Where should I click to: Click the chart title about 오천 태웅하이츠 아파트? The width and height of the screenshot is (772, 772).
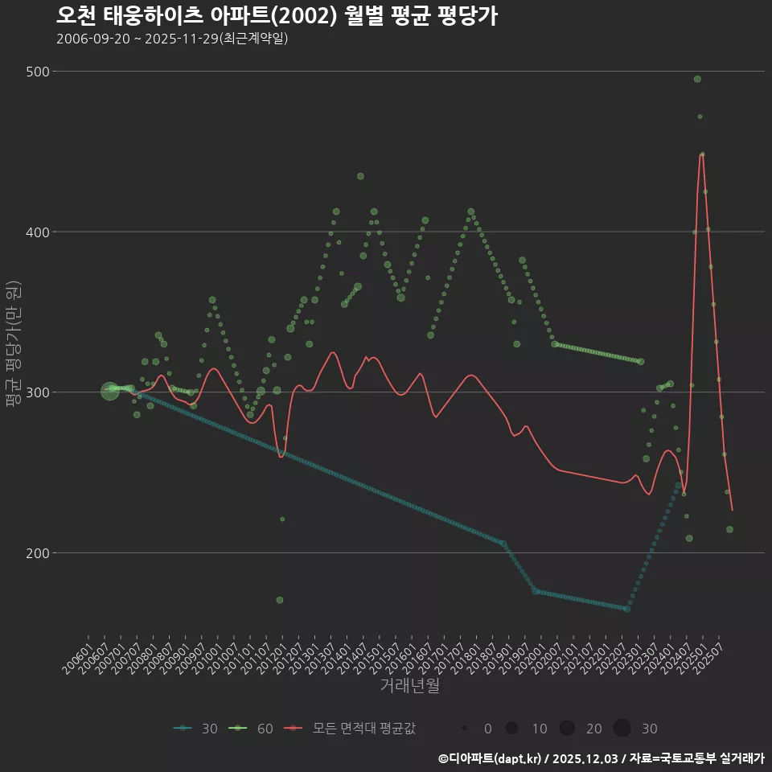(277, 15)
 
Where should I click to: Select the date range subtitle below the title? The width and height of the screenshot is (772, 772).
(172, 39)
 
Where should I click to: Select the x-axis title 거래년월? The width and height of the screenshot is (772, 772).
(409, 686)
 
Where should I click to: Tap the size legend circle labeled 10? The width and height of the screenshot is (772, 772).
(511, 729)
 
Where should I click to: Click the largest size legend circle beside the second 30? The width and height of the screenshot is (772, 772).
(622, 729)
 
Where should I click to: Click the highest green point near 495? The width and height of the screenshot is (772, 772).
(697, 79)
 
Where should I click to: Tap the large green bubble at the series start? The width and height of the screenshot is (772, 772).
(110, 392)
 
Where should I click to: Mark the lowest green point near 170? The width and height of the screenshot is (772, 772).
(279, 600)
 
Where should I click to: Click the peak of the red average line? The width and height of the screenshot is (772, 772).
(701, 154)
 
